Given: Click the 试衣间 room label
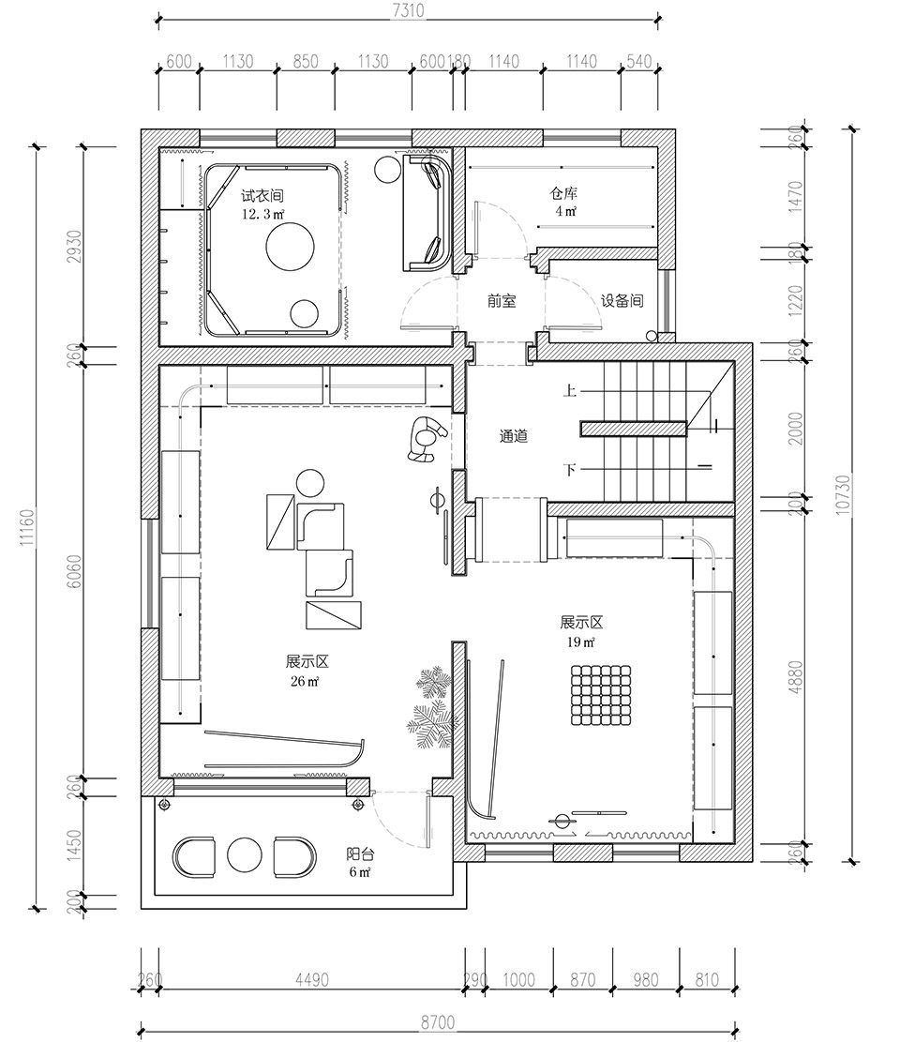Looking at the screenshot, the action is (x=262, y=196).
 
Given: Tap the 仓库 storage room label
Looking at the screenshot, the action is (x=563, y=193).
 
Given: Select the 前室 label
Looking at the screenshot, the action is (x=502, y=301).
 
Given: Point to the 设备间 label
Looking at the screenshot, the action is (x=622, y=300).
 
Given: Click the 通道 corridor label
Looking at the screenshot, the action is (x=514, y=437).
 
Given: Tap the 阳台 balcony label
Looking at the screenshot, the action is (x=359, y=853).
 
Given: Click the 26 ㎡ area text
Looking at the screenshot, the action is (x=305, y=681).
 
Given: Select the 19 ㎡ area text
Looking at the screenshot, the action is (x=580, y=642).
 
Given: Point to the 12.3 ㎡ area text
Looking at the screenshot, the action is (x=263, y=214).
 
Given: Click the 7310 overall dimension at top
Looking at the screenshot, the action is (x=408, y=10).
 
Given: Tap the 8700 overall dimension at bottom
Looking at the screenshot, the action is (x=438, y=1022).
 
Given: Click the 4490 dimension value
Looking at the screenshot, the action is (x=311, y=980).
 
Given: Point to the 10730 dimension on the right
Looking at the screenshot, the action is (x=843, y=493).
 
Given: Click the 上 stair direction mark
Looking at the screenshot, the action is (x=569, y=390).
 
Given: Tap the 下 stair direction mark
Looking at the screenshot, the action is (x=569, y=470).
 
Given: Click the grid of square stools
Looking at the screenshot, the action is (x=600, y=695).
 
